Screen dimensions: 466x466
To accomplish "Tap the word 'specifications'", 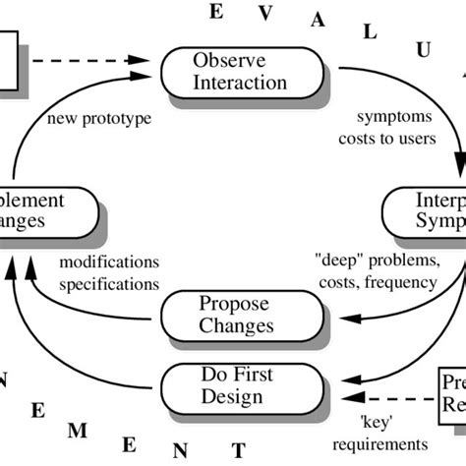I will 109,283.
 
